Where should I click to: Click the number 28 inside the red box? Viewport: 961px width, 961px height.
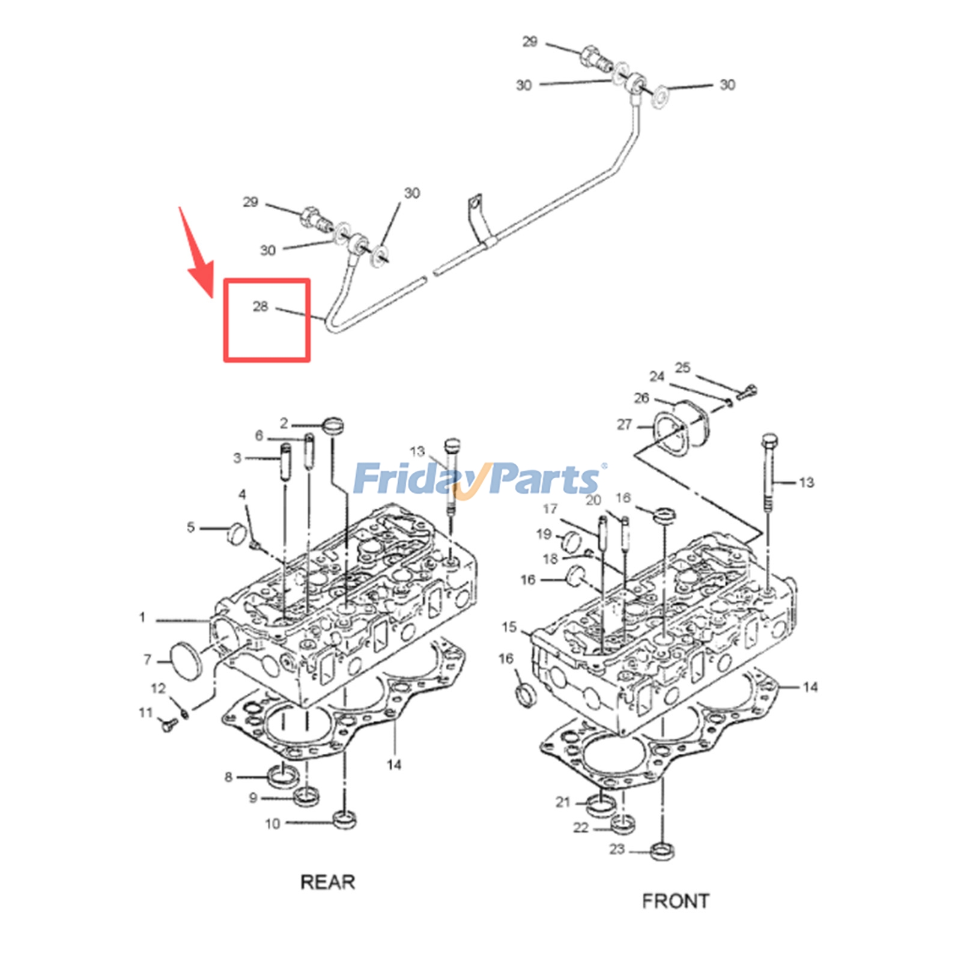[x=260, y=306]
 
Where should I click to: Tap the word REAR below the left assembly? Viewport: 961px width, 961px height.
[x=328, y=882]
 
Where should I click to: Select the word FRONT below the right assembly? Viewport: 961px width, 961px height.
[x=676, y=901]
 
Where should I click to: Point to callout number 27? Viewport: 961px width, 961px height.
[x=625, y=425]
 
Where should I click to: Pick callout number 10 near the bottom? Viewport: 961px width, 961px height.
[x=273, y=823]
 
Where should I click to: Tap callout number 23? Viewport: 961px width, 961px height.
[x=617, y=849]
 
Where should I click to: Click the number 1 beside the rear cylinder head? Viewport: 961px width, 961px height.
[x=142, y=617]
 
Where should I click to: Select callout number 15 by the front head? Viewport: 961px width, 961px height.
[x=509, y=627]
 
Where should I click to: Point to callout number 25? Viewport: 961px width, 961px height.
[x=682, y=367]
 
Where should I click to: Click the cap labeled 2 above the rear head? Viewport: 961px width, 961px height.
[x=333, y=426]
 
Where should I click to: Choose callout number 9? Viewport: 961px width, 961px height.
[x=253, y=798]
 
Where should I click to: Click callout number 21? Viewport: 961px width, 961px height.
[x=562, y=802]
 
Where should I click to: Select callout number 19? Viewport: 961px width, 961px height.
[x=544, y=534]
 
